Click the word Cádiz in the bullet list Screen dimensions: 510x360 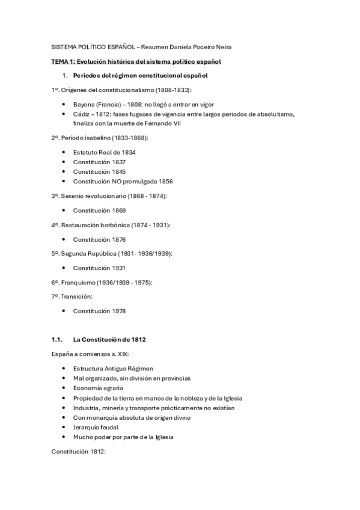(x=82, y=114)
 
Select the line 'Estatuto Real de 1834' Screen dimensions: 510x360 (x=104, y=152)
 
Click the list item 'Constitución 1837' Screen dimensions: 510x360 (x=100, y=162)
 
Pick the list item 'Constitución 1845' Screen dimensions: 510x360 (x=100, y=171)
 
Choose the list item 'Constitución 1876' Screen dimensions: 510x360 (x=100, y=239)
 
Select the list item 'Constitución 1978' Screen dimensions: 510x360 (x=100, y=311)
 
